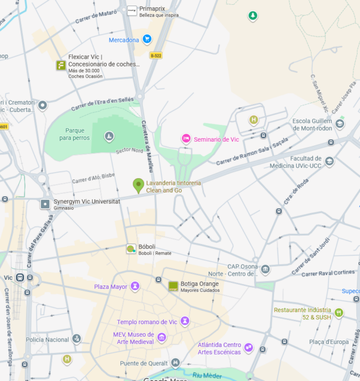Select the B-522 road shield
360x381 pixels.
[x=156, y=56]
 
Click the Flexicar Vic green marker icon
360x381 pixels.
[x=61, y=65]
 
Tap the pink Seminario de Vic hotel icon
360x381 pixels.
[x=186, y=139]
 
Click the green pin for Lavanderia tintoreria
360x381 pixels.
[x=138, y=185]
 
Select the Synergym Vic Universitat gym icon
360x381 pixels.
[x=45, y=204]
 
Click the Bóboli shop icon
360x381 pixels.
[x=131, y=249]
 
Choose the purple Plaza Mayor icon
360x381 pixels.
[x=135, y=286]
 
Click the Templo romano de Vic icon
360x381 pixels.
[x=185, y=321]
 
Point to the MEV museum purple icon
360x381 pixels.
[x=162, y=337]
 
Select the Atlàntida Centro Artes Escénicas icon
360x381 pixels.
[x=249, y=348]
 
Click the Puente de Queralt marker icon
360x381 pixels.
[x=175, y=363]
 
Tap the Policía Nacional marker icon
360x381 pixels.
[x=76, y=339]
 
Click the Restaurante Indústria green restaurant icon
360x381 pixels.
[x=339, y=313]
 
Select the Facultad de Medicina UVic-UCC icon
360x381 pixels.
[x=329, y=161]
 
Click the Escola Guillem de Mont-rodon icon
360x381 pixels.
[x=340, y=124]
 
